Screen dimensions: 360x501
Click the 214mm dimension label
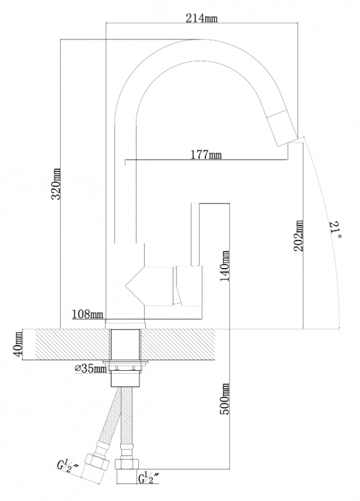202,19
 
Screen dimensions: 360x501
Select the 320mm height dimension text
56,183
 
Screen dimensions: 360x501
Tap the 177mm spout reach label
206,155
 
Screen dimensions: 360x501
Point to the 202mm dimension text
299,235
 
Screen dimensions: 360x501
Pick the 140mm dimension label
225,266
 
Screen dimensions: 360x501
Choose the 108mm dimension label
88,314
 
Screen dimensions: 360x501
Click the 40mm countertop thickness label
18,344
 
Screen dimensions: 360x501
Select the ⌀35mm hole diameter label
90,369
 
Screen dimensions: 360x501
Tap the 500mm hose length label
225,399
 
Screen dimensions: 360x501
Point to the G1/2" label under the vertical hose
149,479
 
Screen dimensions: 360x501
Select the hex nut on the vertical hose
127,463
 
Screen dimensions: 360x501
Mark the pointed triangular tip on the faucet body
126,284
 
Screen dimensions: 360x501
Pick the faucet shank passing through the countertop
125,344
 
